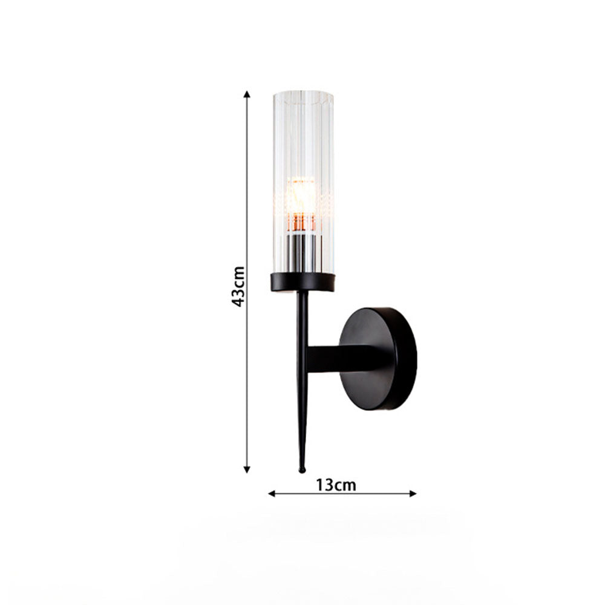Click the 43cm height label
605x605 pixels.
click(x=238, y=286)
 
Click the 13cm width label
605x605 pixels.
click(x=336, y=485)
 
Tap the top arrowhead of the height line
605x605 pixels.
click(x=247, y=94)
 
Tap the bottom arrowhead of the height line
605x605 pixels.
click(x=247, y=469)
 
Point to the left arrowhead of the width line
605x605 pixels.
click(x=272, y=494)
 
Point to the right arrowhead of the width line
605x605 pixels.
click(x=413, y=494)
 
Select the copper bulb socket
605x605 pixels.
click(x=301, y=223)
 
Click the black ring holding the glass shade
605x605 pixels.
click(x=302, y=282)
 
